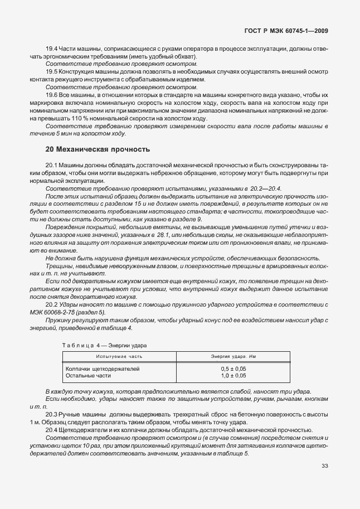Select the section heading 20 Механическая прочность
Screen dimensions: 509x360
pos(98,149)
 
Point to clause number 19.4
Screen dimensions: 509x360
pos(52,50)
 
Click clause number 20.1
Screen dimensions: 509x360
pos(52,166)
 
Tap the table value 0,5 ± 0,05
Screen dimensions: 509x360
pos(233,369)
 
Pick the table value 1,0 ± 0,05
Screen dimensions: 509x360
pos(233,376)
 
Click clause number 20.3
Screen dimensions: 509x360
pos(52,415)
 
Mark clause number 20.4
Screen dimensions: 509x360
pos(52,430)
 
